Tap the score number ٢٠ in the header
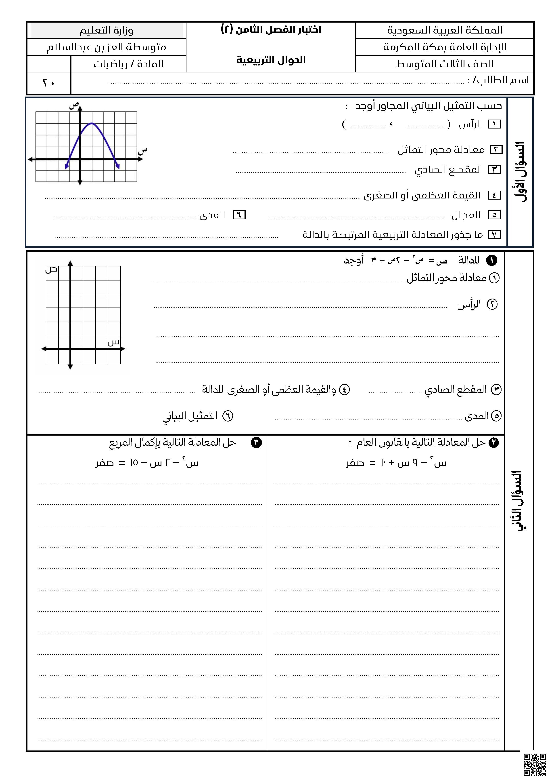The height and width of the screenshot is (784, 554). point(48,83)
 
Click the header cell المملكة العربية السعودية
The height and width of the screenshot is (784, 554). point(445,30)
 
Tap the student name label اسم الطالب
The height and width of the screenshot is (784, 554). point(498,81)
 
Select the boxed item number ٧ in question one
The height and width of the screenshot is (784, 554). point(495,235)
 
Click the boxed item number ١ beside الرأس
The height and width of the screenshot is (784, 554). point(495,124)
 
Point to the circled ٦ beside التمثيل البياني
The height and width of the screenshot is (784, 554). point(228,416)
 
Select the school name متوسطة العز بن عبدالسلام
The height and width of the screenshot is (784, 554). point(107,47)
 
